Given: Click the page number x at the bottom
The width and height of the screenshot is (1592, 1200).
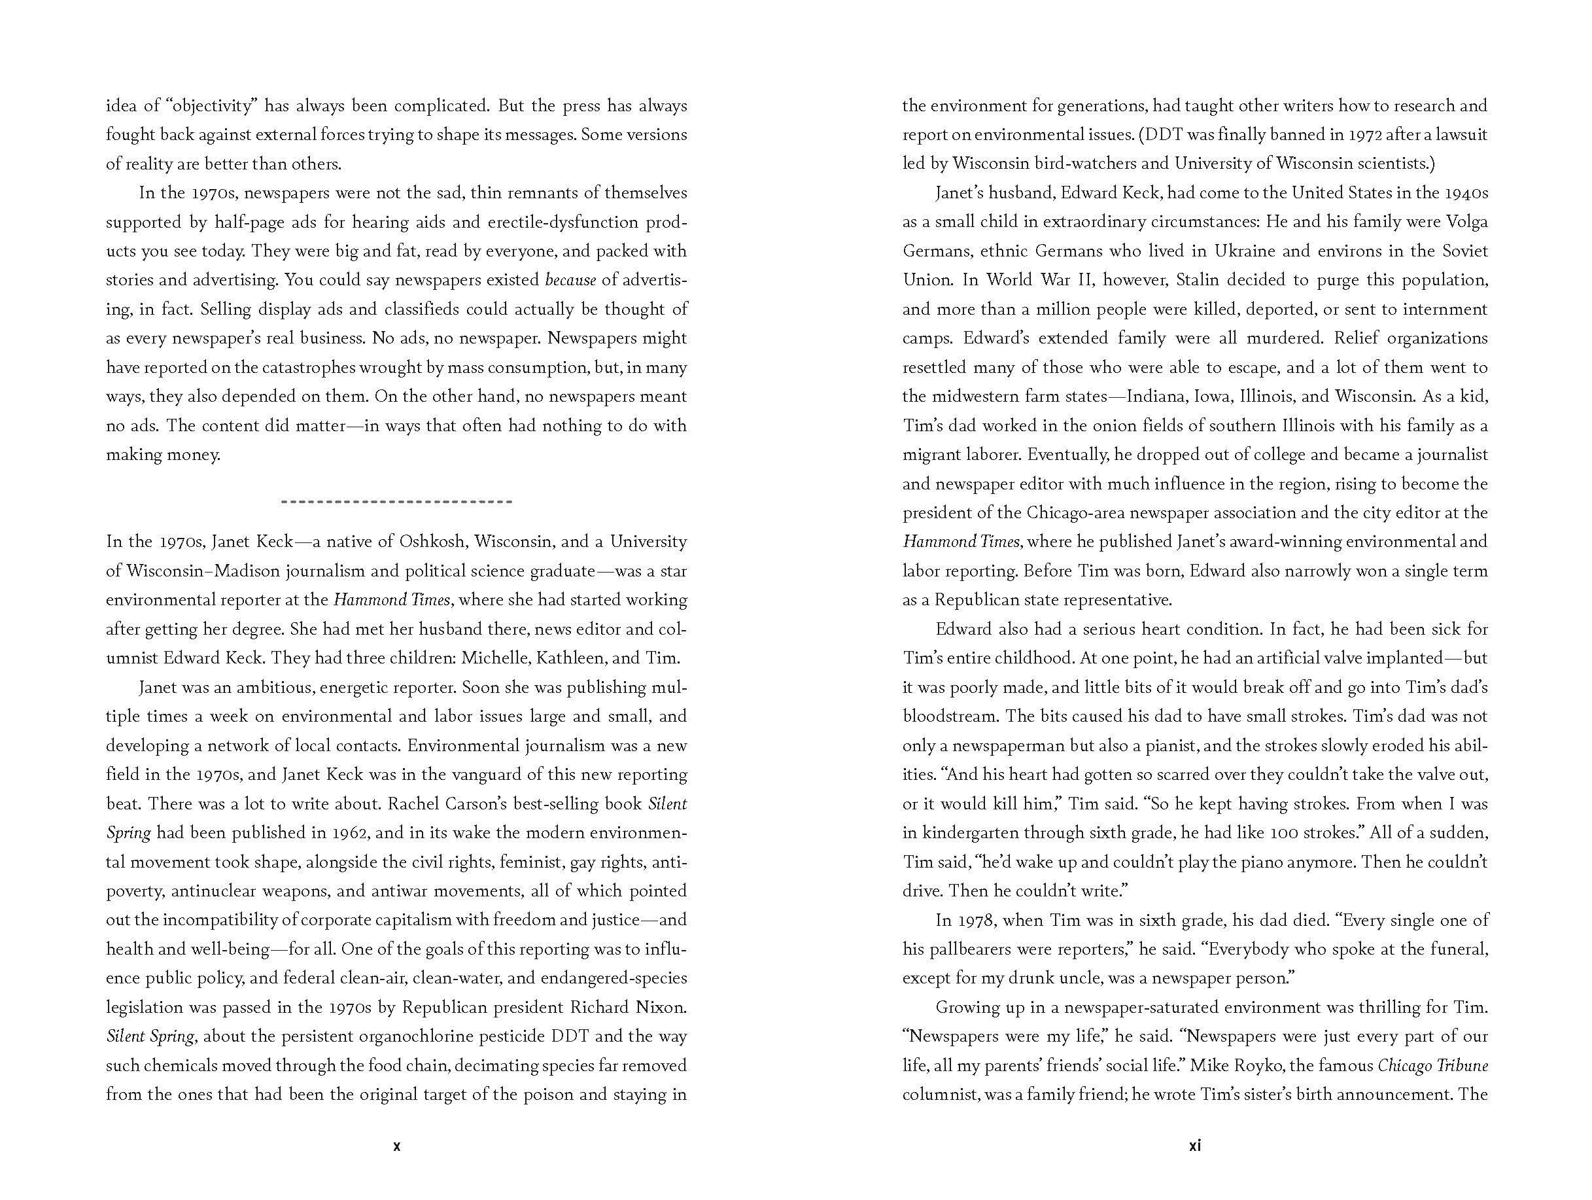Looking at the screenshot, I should point(396,1167).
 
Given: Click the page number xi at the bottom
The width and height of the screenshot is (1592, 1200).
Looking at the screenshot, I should point(1195,1166).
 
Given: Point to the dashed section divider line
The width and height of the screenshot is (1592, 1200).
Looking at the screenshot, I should point(396,501).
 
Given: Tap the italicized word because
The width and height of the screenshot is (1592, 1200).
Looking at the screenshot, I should point(571,280).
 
